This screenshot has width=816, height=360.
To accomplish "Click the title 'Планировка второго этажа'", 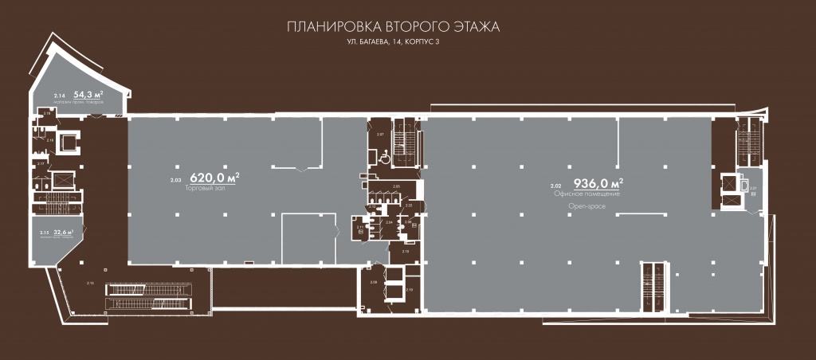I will (x=392, y=27).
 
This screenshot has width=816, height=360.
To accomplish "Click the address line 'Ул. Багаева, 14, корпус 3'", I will (x=392, y=42).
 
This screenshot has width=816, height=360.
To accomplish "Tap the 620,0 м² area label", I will (x=214, y=177).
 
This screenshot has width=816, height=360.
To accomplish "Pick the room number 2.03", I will (x=175, y=181).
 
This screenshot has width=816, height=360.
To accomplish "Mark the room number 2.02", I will (x=555, y=186).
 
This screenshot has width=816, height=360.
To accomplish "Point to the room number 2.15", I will (x=45, y=233).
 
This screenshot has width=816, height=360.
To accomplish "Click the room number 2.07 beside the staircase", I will (x=380, y=135).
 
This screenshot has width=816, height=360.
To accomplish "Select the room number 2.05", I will (x=396, y=186).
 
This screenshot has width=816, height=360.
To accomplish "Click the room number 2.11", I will (x=360, y=227).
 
